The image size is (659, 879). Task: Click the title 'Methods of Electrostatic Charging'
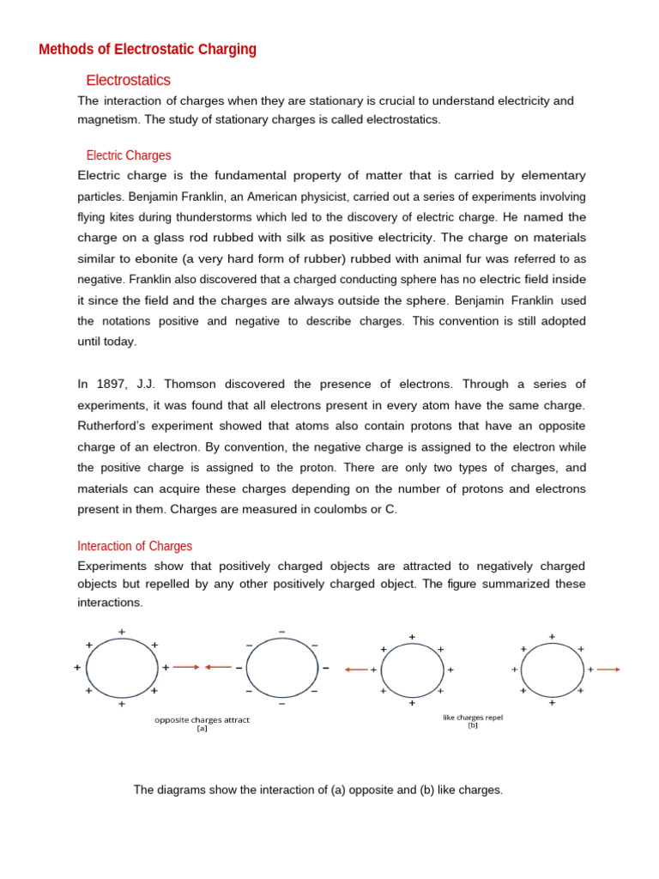pyautogui.click(x=148, y=49)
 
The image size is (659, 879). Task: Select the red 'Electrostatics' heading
pyautogui.click(x=128, y=80)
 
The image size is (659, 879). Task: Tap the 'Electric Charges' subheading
pyautogui.click(x=129, y=155)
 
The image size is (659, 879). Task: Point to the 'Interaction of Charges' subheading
pyautogui.click(x=135, y=546)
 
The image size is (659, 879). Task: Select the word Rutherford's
pyautogui.click(x=114, y=427)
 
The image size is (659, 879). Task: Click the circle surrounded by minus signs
pyautogui.click(x=281, y=667)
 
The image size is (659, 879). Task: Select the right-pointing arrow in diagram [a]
pyautogui.click(x=186, y=667)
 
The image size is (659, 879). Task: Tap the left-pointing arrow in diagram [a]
pyautogui.click(x=218, y=667)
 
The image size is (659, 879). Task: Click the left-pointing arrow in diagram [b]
pyautogui.click(x=355, y=670)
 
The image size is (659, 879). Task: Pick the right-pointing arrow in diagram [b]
pyautogui.click(x=608, y=670)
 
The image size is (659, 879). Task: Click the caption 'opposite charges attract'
pyautogui.click(x=202, y=719)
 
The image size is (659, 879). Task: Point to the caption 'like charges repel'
pyautogui.click(x=473, y=717)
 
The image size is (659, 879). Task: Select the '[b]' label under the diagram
pyautogui.click(x=473, y=725)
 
